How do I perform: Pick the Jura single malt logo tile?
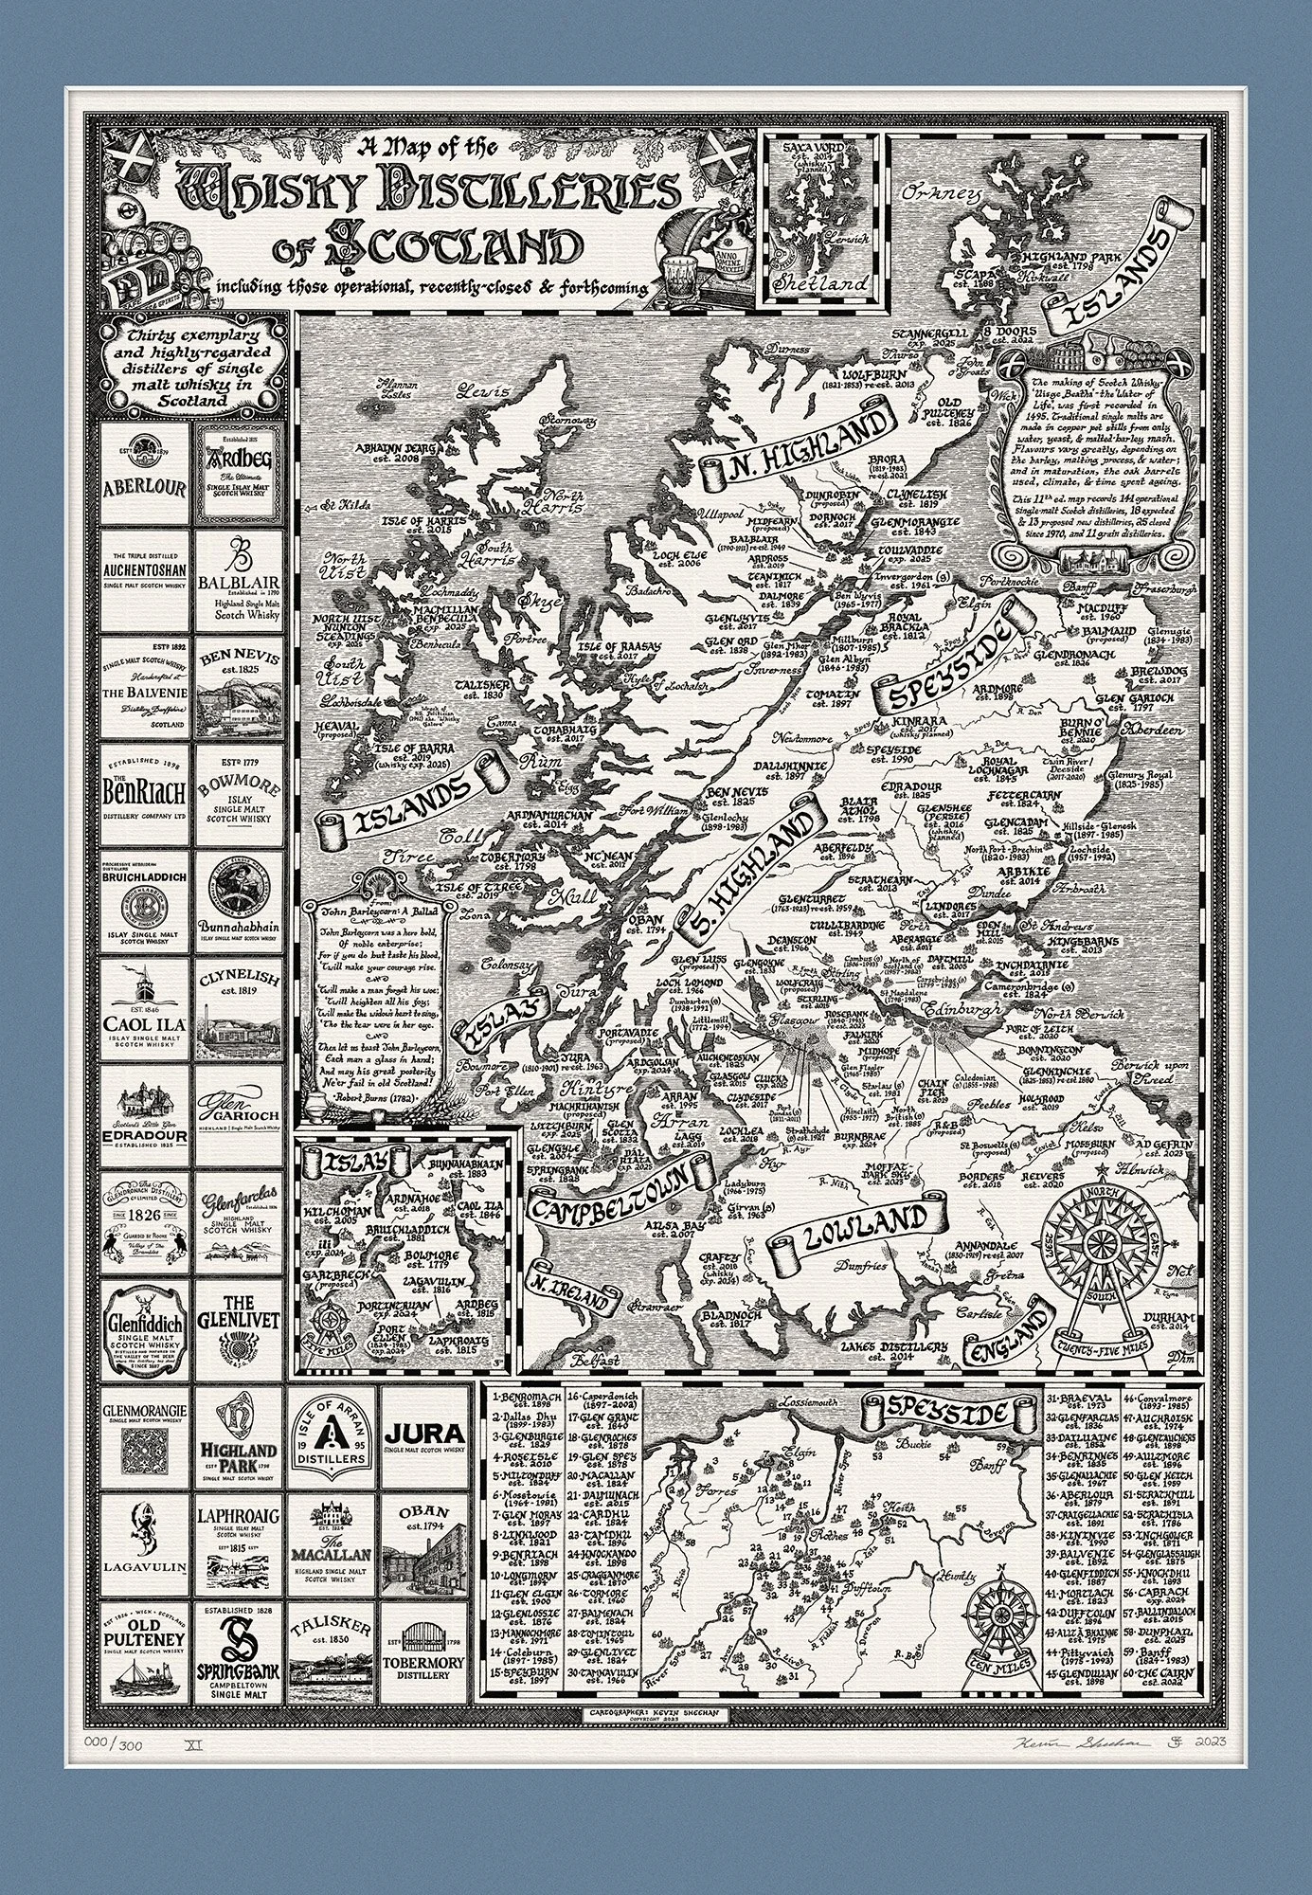pyautogui.click(x=424, y=1435)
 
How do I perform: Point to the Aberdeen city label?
pyautogui.click(x=1154, y=731)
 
